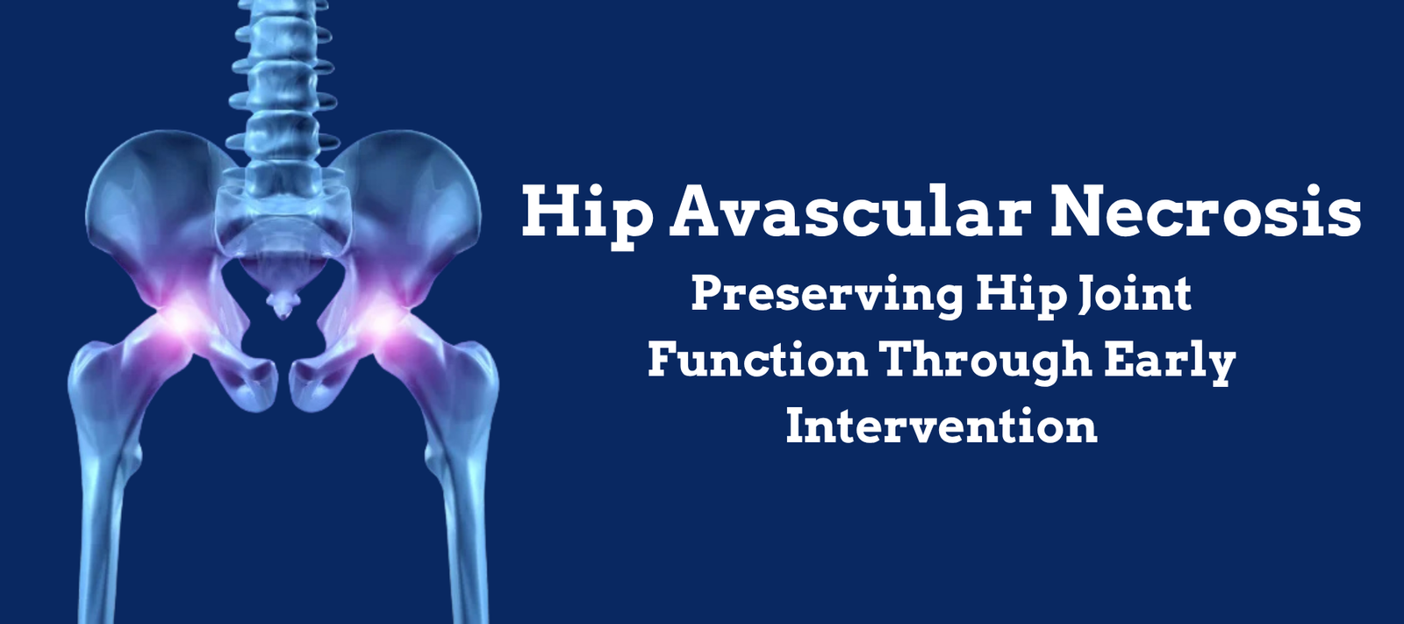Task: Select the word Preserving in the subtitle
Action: pos(826,296)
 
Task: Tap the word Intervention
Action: pos(942,426)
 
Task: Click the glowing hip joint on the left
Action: pos(180,319)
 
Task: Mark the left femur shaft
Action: pos(104,502)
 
